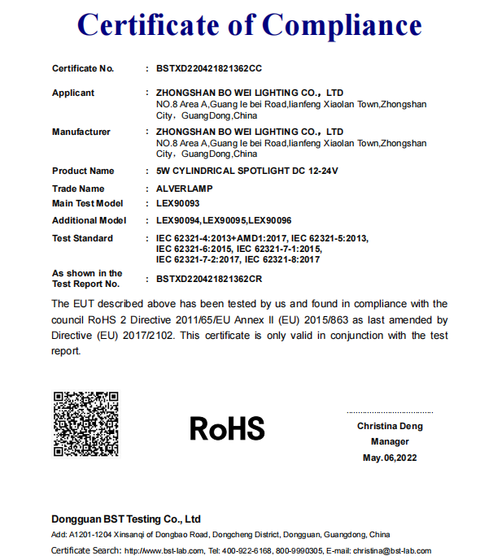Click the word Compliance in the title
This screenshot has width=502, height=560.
[343, 26]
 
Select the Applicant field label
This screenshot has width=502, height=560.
[73, 93]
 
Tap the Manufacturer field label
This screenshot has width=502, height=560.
[81, 132]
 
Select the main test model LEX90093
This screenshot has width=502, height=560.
[177, 204]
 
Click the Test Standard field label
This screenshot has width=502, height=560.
[82, 238]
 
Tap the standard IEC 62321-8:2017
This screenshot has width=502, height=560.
[282, 260]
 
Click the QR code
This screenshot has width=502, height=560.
[86, 423]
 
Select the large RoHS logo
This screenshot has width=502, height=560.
[228, 428]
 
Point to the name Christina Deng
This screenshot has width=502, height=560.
[390, 427]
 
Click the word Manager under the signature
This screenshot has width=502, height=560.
[390, 442]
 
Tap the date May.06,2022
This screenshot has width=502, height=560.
[390, 458]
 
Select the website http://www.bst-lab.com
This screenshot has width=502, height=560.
[158, 551]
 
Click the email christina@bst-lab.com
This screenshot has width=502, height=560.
[392, 551]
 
